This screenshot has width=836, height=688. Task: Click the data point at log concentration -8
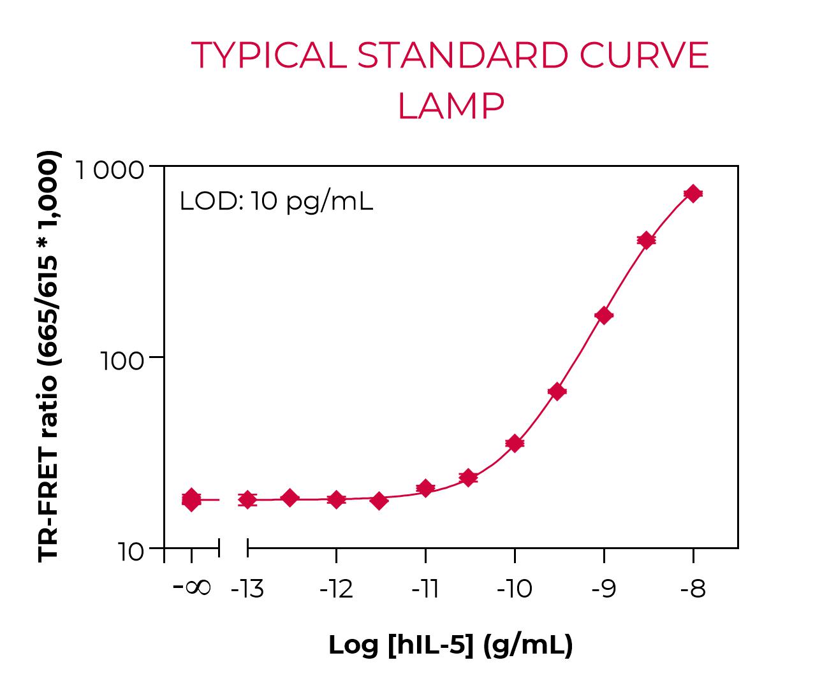(693, 193)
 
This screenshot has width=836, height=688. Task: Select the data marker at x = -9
(604, 315)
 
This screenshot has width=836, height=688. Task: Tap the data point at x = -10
(515, 443)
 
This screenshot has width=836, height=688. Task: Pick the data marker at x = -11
(425, 489)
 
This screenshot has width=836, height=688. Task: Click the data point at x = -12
(336, 499)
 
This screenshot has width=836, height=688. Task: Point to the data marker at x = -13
(247, 499)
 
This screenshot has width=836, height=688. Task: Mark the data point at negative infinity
(191, 500)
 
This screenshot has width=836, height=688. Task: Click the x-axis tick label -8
(693, 589)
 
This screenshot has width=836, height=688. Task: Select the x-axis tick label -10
(514, 589)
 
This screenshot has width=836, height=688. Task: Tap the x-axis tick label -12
(336, 589)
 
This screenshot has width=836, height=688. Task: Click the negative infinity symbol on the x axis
(192, 587)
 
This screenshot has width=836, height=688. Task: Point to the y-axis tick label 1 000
(110, 171)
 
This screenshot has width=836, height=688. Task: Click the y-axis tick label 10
(131, 552)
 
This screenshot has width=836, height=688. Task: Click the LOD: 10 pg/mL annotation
(275, 201)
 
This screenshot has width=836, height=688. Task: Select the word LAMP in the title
(450, 106)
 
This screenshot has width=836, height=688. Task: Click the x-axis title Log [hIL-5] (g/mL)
(450, 645)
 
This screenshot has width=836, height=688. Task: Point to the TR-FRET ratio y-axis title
(50, 357)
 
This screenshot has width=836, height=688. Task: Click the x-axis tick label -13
(247, 589)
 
